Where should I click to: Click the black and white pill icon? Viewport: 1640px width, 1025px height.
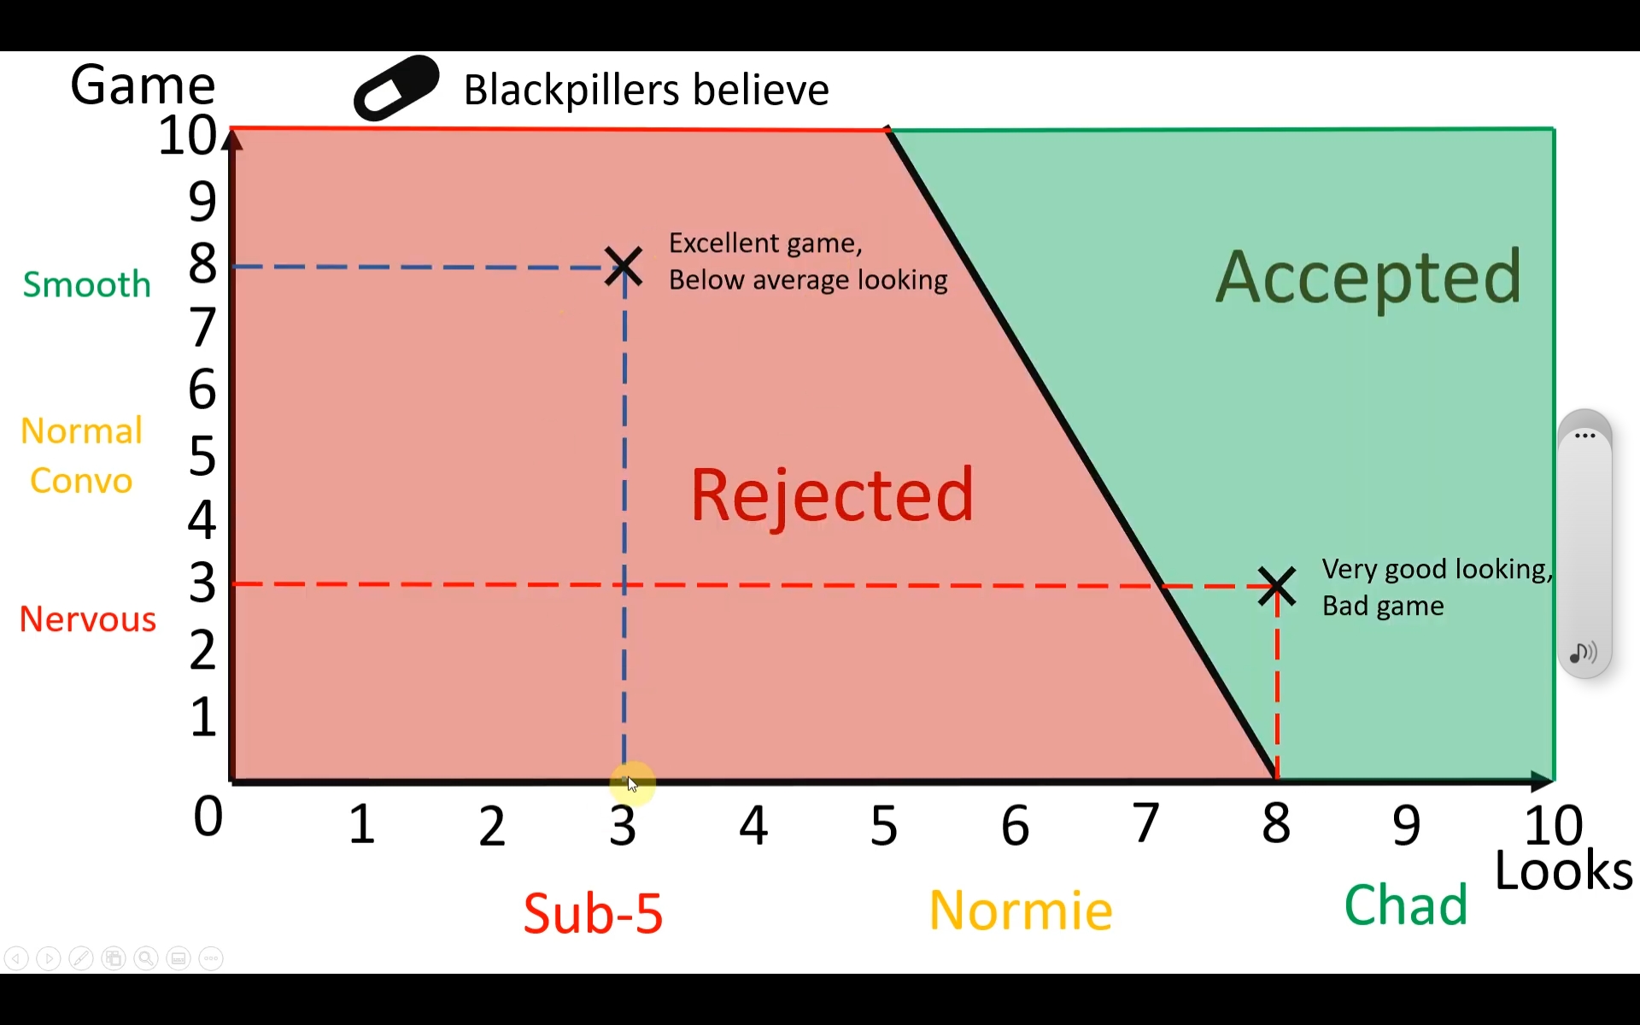(396, 88)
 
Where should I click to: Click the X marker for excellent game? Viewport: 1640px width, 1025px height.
(624, 266)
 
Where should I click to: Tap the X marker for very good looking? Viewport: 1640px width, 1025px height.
(1277, 587)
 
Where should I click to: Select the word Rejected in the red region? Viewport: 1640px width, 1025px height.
(831, 495)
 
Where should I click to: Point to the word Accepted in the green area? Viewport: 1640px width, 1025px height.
(1368, 277)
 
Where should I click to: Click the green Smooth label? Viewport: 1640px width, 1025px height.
(86, 284)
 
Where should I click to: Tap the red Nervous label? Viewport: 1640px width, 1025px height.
(87, 619)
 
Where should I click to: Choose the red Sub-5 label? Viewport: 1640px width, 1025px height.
(593, 913)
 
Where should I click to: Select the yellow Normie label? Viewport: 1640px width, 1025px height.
(1020, 911)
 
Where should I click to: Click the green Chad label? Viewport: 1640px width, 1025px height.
(1405, 905)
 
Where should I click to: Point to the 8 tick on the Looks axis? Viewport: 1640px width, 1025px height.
(1276, 824)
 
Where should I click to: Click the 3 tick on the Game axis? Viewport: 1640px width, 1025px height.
(202, 583)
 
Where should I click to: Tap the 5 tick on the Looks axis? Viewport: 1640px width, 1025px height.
(884, 825)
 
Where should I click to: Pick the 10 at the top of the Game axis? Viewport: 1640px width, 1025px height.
(187, 136)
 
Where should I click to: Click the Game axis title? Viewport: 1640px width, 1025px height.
(143, 85)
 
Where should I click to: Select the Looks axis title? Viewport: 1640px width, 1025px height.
(1563, 871)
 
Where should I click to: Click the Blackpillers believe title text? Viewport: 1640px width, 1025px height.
(646, 90)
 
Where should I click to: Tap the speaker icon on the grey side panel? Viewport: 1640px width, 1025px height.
(1583, 653)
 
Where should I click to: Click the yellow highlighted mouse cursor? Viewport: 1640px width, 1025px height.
(632, 783)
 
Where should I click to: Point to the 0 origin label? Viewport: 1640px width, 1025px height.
(208, 817)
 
